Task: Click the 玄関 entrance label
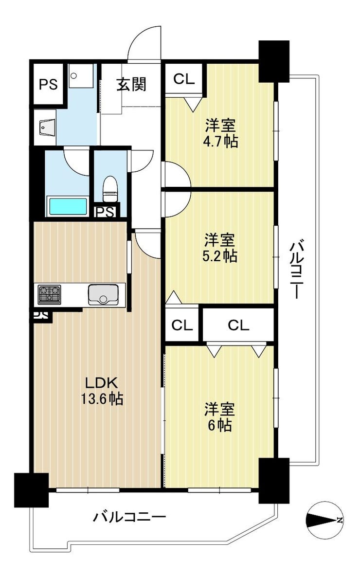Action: (131, 84)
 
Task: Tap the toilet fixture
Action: (109, 189)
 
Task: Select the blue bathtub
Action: (68, 207)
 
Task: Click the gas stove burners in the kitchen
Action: (49, 294)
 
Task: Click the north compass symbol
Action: (325, 520)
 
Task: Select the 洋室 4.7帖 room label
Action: (220, 134)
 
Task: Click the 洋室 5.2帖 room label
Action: (220, 249)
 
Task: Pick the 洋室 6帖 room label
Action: (219, 417)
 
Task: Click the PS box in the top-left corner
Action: (49, 84)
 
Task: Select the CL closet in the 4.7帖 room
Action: (184, 79)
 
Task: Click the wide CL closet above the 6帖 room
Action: (238, 325)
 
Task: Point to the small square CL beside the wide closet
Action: (182, 325)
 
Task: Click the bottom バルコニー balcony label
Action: (129, 517)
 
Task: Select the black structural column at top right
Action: (274, 61)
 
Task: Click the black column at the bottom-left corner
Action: (31, 490)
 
